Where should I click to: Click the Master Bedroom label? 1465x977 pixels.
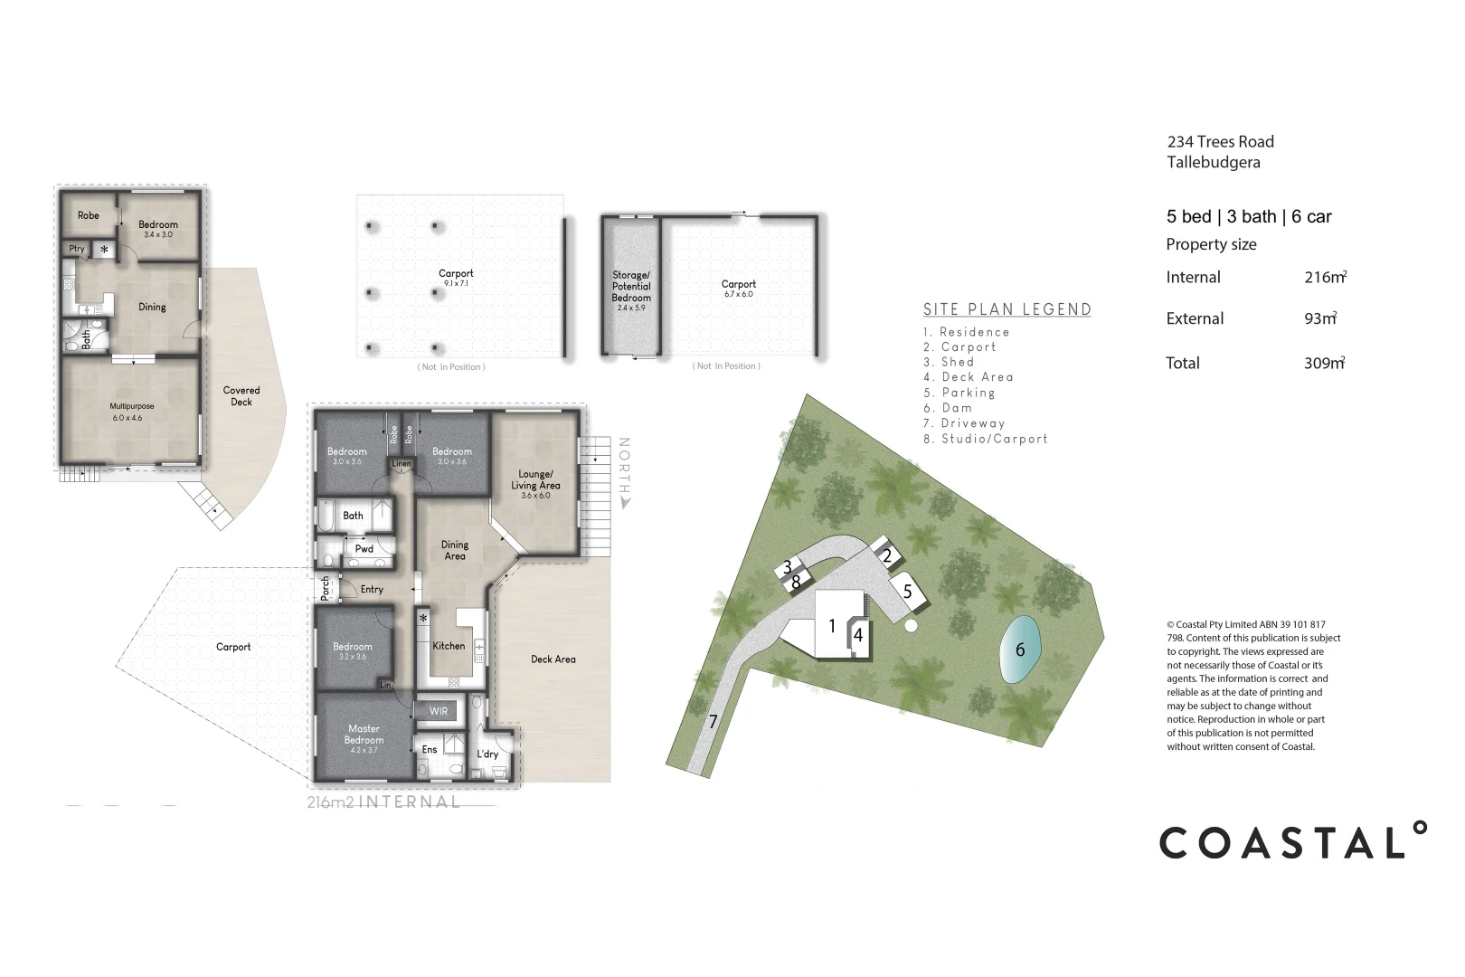coord(364,735)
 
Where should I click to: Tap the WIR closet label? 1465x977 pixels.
coord(439,711)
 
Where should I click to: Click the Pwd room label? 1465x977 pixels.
coord(364,549)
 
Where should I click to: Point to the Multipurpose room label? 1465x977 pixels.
coord(132,407)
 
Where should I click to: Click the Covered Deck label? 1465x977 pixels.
coord(241,396)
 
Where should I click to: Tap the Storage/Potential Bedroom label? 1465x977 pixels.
coord(631,286)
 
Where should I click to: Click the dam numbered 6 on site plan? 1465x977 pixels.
coord(1020,650)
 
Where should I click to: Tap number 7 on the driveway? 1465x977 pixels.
coord(713,721)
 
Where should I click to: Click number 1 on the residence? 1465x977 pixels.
coord(832,626)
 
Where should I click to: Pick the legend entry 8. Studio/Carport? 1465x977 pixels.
coord(985,439)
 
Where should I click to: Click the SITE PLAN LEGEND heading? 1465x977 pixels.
coord(1007,309)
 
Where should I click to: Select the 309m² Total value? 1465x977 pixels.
coord(1324,363)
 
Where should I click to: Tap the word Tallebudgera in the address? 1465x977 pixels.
coord(1213,163)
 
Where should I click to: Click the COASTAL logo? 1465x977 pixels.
coord(1293,842)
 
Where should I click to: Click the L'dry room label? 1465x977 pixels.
coord(487,754)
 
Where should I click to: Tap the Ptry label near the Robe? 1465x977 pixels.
coord(77,249)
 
